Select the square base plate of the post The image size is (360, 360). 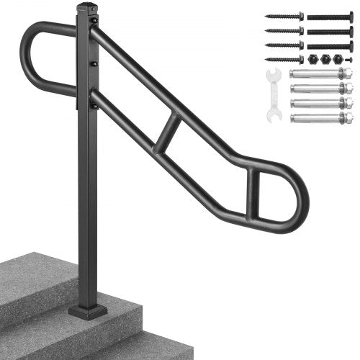tap(88, 312)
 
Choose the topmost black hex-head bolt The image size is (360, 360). tap(330, 16)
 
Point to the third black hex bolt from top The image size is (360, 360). tap(330, 45)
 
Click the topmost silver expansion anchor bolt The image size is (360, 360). tap(321, 73)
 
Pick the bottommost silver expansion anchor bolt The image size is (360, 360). tap(321, 117)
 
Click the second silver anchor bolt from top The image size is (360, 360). tap(321, 88)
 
